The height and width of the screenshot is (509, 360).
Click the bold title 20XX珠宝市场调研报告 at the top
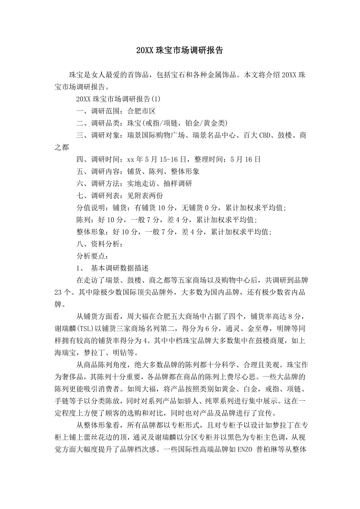coord(180,50)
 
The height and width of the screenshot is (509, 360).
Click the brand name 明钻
coord(118,353)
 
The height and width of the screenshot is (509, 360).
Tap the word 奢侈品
coord(69,377)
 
